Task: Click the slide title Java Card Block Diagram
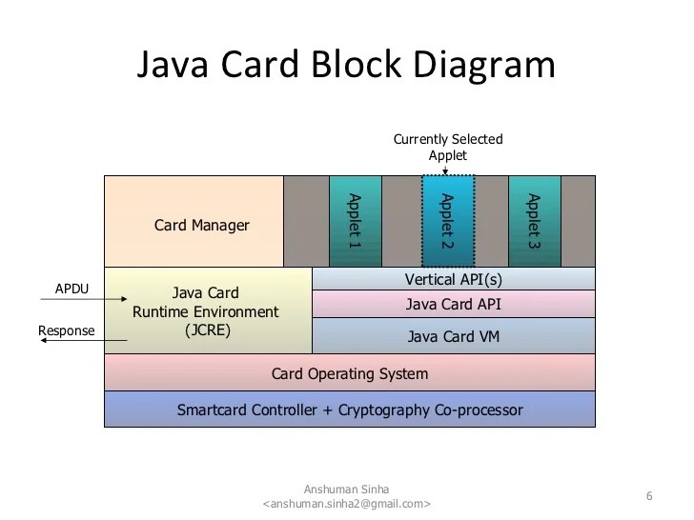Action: pos(346,66)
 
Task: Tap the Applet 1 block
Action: pos(355,221)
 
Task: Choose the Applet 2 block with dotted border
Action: pos(447,221)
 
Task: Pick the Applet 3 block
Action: pos(534,221)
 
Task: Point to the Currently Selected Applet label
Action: pos(447,147)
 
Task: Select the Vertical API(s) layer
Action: pos(453,279)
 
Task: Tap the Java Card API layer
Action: pos(453,305)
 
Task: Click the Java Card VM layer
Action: pos(453,336)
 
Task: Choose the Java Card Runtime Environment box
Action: pos(207,311)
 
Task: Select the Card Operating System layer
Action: pos(349,373)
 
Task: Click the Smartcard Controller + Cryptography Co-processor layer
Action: pos(349,410)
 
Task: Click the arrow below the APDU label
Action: pos(83,300)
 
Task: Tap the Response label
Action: pos(67,330)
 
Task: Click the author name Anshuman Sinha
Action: pos(346,489)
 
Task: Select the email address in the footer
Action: pos(346,503)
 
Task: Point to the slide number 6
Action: pos(649,495)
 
